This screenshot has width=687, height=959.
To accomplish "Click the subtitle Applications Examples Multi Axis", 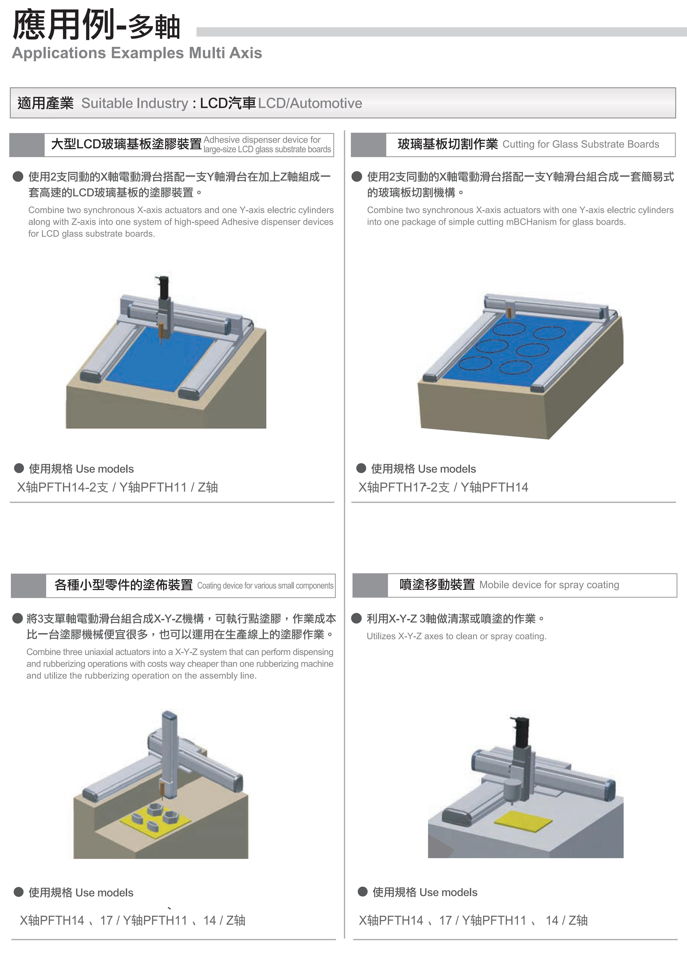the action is click(x=137, y=53).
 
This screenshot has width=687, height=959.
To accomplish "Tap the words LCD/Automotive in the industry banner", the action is click(x=310, y=103).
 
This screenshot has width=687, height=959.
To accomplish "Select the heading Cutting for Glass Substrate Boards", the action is click(x=581, y=144).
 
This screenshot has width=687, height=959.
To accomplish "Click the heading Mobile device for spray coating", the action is click(x=549, y=585).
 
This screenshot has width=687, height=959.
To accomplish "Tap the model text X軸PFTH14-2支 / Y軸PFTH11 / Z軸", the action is click(x=117, y=487).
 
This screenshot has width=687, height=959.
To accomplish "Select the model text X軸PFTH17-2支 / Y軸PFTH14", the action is click(x=443, y=487).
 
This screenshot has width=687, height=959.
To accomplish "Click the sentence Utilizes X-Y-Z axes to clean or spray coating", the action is click(x=457, y=636).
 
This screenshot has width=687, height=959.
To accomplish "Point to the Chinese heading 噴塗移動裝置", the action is click(x=437, y=585).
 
